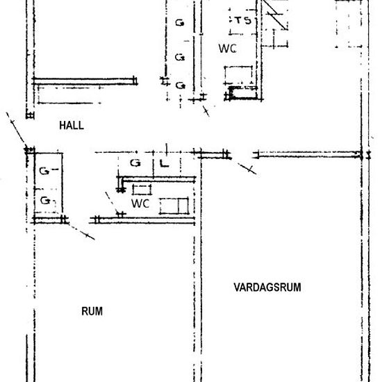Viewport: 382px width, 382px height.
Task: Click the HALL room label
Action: [72, 126]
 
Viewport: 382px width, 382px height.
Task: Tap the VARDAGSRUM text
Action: [267, 288]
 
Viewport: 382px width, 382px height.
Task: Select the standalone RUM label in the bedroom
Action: [92, 311]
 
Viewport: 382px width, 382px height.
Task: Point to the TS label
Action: [243, 20]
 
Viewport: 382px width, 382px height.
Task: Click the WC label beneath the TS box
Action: [227, 49]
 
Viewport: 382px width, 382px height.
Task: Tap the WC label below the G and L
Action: [140, 204]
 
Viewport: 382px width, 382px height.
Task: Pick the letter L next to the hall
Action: [164, 163]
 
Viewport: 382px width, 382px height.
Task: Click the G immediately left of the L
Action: [135, 163]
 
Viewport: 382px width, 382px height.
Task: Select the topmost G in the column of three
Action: [180, 23]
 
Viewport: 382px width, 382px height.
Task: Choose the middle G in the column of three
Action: [180, 57]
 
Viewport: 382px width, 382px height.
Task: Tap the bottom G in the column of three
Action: [181, 85]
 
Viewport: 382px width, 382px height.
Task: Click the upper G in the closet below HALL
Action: [44, 171]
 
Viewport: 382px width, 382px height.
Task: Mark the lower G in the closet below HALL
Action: [45, 201]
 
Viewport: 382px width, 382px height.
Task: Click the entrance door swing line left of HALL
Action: [16, 129]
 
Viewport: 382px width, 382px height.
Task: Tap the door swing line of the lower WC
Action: [112, 204]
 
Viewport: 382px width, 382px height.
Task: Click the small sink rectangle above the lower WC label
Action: [142, 190]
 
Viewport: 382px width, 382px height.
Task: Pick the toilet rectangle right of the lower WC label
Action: [174, 206]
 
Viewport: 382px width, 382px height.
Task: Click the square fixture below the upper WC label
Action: [238, 75]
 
